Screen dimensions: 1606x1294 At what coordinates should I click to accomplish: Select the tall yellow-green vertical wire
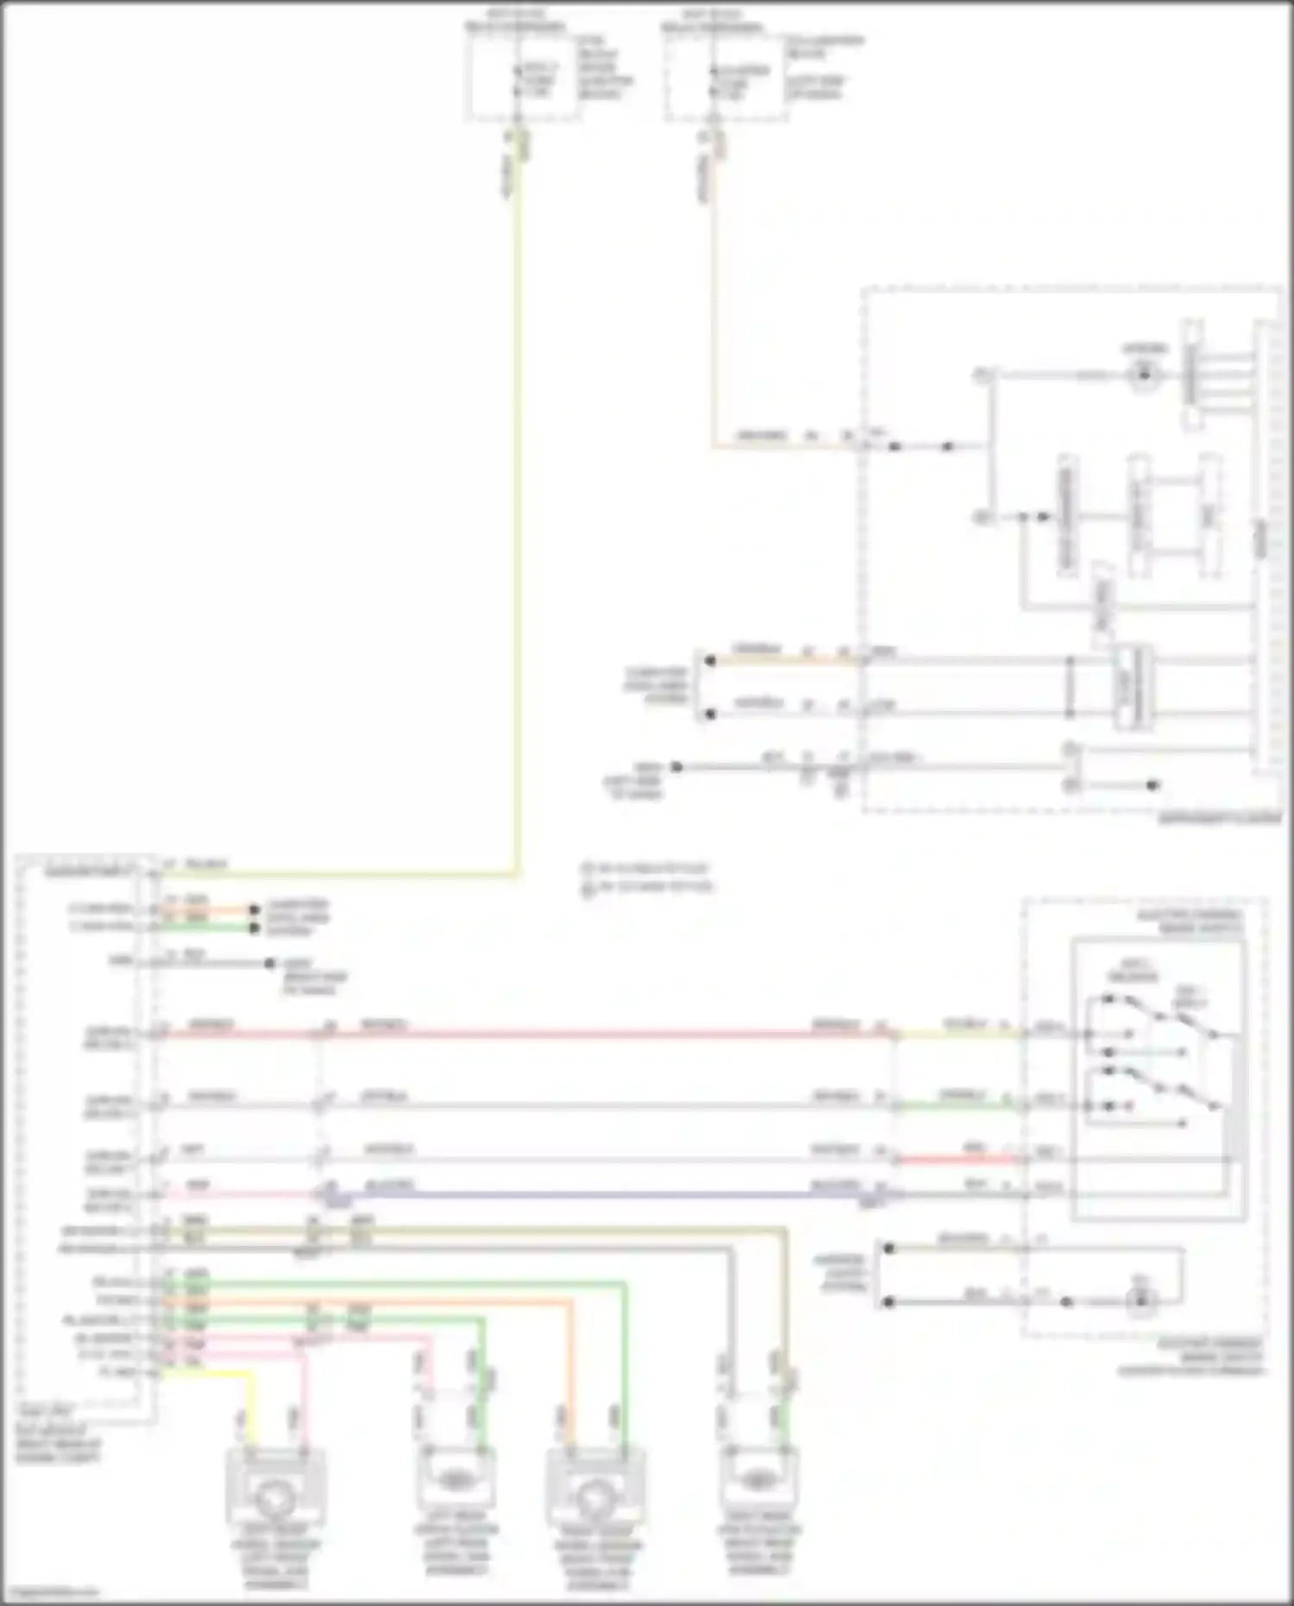517,518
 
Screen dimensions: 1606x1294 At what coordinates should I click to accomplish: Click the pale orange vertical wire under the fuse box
713,302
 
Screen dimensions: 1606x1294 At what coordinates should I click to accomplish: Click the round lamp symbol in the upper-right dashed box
1145,374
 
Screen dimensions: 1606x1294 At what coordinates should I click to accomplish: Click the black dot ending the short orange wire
254,910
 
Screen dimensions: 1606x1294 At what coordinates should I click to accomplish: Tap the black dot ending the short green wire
254,928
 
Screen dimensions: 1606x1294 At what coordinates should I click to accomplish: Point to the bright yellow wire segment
207,1371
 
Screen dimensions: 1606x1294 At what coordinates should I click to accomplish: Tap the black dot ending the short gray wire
270,963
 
